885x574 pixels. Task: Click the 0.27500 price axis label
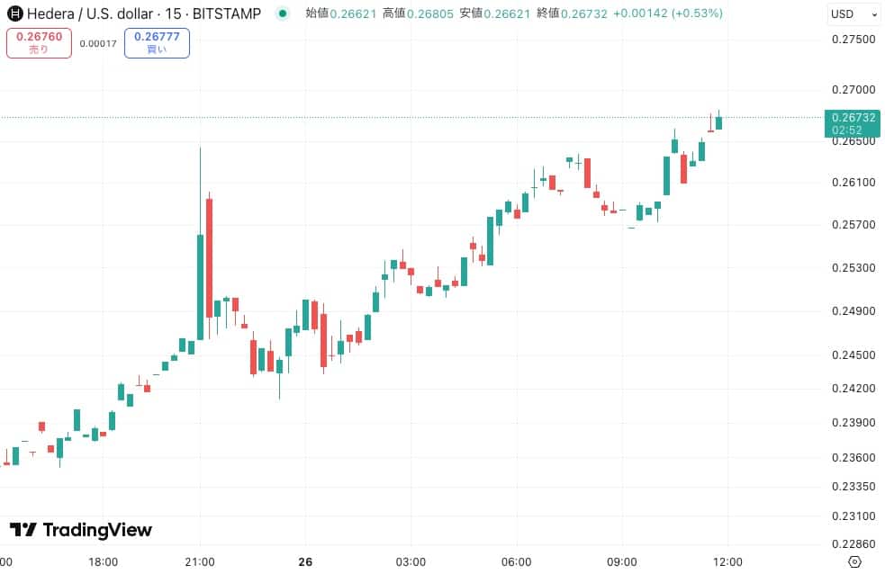click(x=853, y=40)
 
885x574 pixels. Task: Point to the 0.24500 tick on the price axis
click(x=853, y=354)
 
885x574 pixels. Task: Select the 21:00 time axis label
click(x=200, y=562)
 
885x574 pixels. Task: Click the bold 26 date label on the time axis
click(x=305, y=562)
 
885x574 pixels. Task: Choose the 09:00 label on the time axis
click(x=622, y=562)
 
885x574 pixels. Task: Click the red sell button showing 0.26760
click(x=39, y=43)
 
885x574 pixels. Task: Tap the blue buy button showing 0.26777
click(x=157, y=43)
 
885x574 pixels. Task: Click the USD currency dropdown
click(x=853, y=14)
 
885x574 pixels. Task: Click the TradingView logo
click(x=81, y=530)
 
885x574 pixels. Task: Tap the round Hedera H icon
click(x=15, y=14)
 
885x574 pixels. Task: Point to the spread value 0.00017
click(x=98, y=43)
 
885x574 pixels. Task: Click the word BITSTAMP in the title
click(x=227, y=14)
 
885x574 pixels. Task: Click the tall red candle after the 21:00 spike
click(x=209, y=257)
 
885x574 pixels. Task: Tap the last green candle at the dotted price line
click(x=719, y=122)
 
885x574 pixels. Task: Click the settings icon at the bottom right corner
click(x=855, y=562)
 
